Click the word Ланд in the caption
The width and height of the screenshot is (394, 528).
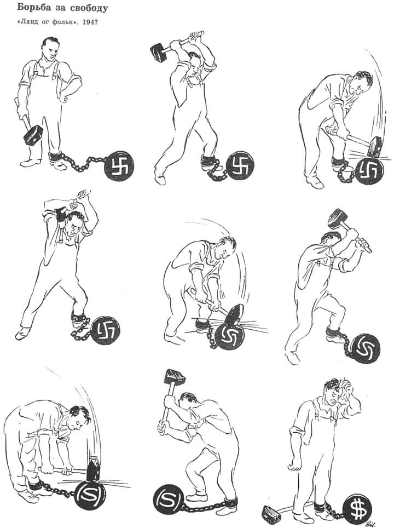31,22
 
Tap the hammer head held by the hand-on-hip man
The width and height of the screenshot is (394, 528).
32,135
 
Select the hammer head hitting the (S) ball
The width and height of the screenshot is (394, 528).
93,469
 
